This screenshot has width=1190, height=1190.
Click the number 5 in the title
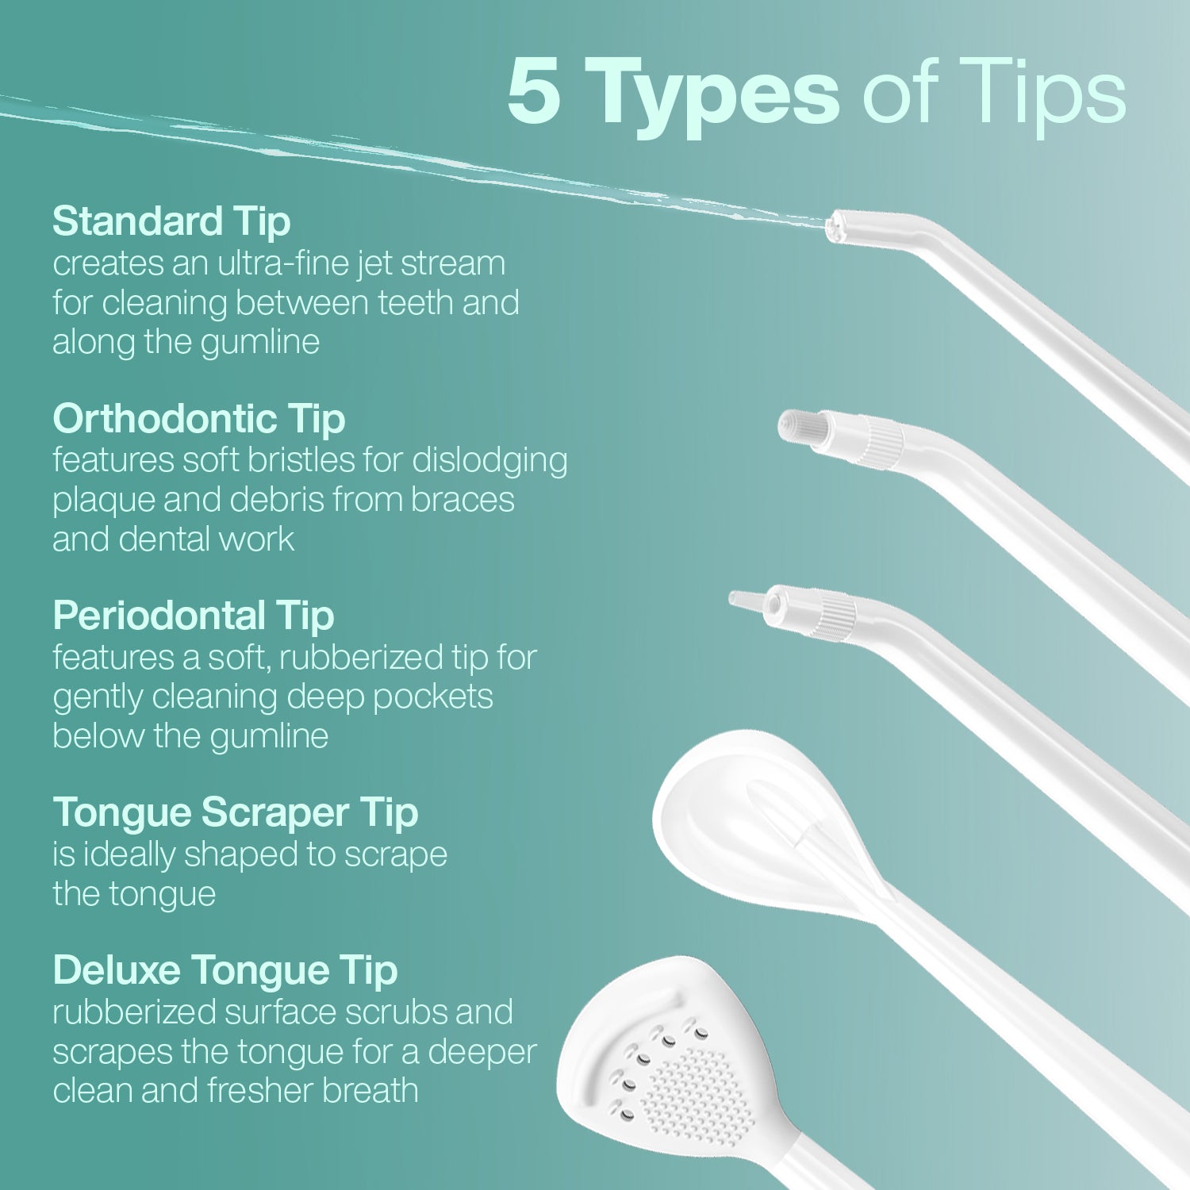(x=534, y=92)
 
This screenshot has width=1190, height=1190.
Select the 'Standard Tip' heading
(x=171, y=222)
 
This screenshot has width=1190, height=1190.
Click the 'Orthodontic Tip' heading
(x=199, y=420)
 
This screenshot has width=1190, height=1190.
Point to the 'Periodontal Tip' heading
(x=194, y=616)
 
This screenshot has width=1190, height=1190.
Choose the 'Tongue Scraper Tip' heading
(x=236, y=813)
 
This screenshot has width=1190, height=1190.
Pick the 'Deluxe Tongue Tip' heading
(x=225, y=971)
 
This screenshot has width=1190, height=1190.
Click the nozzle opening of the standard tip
(x=832, y=228)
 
